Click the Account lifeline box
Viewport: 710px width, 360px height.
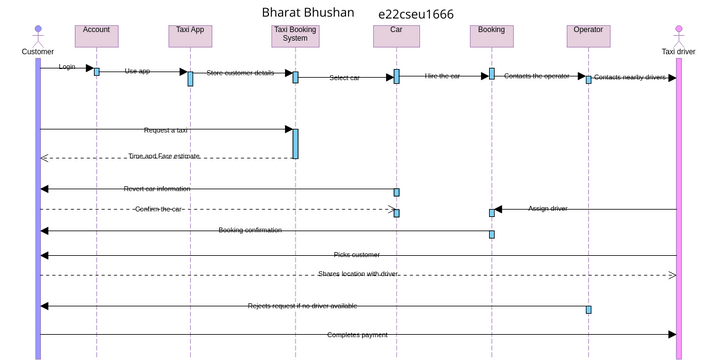point(96,35)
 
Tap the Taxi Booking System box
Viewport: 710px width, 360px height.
point(295,35)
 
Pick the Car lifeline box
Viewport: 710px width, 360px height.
point(396,35)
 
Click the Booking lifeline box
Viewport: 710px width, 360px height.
point(491,35)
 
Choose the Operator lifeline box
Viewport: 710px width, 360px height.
point(587,35)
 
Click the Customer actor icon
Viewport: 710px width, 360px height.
point(38,30)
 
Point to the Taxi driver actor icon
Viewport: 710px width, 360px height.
point(678,30)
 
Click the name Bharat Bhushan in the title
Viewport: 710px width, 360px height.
point(308,12)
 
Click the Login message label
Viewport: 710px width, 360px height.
point(67,67)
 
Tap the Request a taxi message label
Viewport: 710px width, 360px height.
point(166,130)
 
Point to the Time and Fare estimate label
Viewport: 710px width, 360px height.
point(164,156)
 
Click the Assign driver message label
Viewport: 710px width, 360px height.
point(548,208)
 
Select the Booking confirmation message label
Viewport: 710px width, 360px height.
point(250,230)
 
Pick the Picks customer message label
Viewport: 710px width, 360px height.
point(357,254)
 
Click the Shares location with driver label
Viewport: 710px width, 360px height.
point(358,273)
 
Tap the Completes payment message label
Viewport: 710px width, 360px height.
point(357,334)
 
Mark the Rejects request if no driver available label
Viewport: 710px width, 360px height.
point(302,306)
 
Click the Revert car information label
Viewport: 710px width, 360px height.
point(157,188)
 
